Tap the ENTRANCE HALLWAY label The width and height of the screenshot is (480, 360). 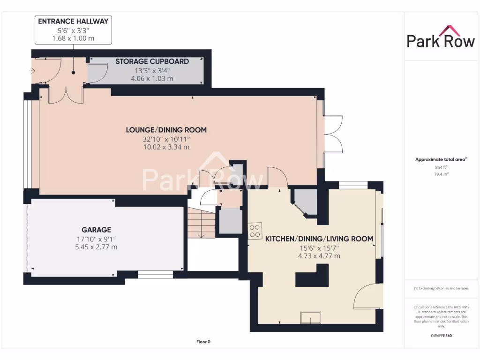[73, 21]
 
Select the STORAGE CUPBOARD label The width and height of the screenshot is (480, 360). [145, 61]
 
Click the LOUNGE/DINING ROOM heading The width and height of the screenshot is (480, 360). [166, 130]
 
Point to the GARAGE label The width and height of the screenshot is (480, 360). [96, 230]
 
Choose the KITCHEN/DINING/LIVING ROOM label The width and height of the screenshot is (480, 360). [319, 239]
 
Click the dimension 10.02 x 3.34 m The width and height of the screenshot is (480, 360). [166, 147]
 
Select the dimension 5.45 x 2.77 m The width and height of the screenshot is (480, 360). [96, 247]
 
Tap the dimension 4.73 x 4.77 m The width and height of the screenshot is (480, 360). [319, 256]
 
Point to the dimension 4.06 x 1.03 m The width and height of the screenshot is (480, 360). [145, 78]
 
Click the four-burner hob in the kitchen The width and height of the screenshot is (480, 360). [255, 231]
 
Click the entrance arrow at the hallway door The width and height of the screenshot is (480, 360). [32, 71]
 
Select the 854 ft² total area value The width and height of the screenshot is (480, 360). [439, 167]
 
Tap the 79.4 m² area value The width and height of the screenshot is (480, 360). [439, 173]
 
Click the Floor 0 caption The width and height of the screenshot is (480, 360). [202, 342]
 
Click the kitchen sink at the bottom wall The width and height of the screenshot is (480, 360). [310, 318]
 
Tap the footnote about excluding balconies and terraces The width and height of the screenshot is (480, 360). [441, 288]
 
